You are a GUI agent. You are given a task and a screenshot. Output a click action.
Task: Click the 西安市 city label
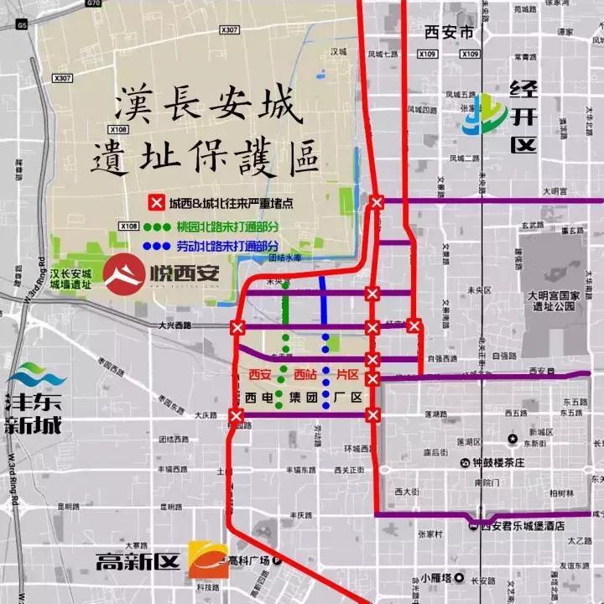449,33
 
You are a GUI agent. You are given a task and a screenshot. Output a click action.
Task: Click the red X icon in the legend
156,203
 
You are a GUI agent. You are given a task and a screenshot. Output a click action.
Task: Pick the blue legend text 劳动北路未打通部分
227,247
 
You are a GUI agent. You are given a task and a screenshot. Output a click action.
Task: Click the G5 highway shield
21,25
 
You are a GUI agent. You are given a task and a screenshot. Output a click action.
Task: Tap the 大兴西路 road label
174,324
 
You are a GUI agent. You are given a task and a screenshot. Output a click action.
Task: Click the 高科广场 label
249,560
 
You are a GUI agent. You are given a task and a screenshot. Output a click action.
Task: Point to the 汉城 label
338,51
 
